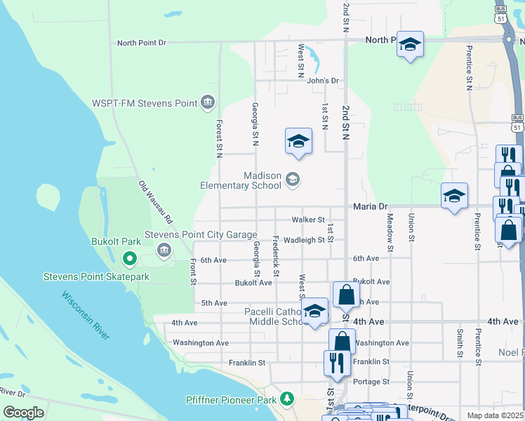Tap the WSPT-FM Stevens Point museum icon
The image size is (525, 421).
click(x=207, y=103)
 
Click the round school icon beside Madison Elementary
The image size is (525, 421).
click(x=293, y=180)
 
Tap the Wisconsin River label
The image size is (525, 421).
click(x=86, y=315)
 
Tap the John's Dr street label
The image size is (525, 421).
click(x=323, y=81)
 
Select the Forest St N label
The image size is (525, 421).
click(x=220, y=138)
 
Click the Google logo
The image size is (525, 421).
click(x=23, y=413)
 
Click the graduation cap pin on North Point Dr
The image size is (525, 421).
click(x=410, y=46)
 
